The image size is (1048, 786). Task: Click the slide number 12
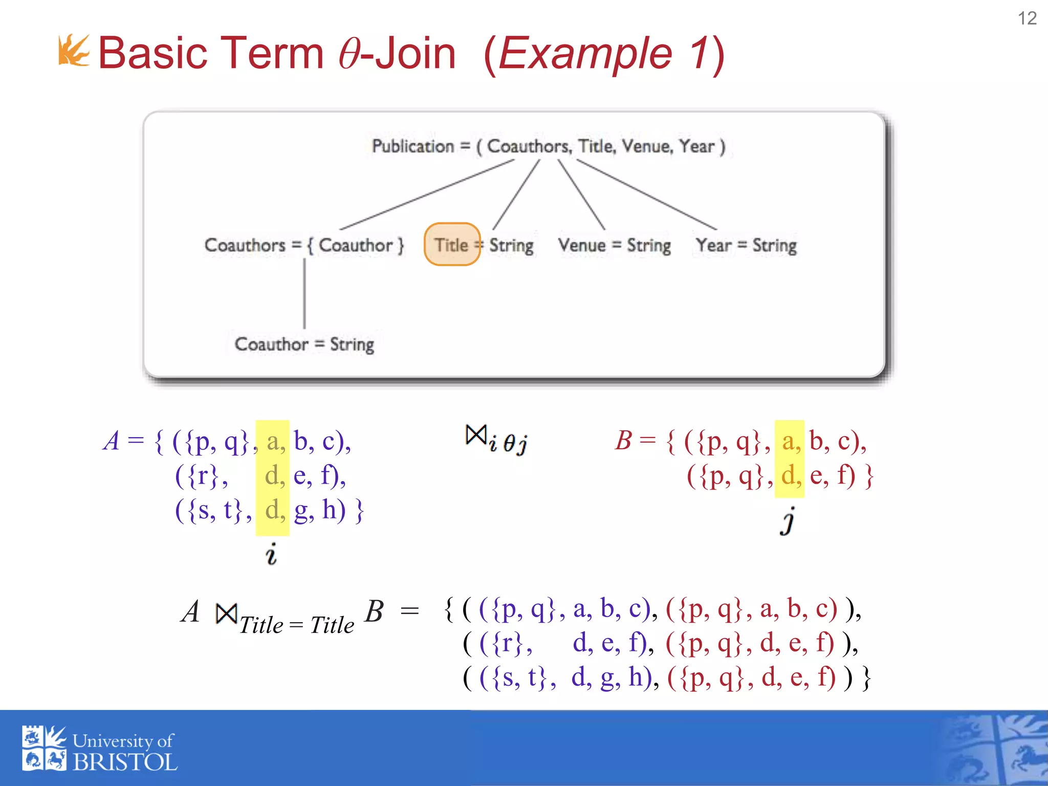coord(1027,18)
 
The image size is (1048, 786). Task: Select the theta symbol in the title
coord(349,54)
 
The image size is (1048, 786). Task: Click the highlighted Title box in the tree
coord(452,245)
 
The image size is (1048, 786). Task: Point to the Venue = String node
coord(614,245)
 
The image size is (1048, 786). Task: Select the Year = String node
coord(746,245)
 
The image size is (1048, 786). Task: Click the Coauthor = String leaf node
coord(304,344)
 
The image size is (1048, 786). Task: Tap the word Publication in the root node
coord(412,146)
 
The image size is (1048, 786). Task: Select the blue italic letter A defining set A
coord(112,441)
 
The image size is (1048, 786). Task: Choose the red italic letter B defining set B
coord(623,441)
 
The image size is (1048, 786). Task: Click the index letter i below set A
coord(271,554)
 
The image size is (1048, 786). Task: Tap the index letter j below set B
coord(789,521)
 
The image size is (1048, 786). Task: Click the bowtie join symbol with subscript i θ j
coord(476,436)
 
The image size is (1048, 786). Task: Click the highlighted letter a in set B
coord(789,441)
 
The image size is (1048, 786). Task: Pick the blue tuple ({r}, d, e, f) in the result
coord(563,643)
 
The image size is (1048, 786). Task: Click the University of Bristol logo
coord(99,748)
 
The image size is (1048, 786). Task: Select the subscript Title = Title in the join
coord(296,625)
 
